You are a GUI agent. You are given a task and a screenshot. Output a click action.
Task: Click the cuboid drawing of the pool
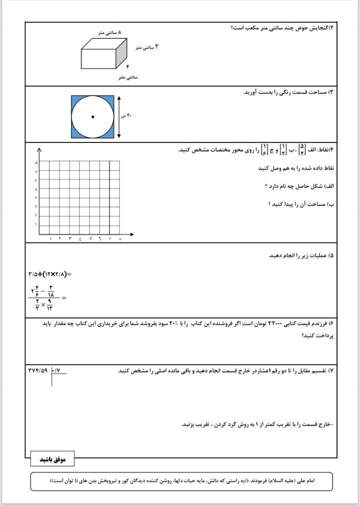tap(104, 55)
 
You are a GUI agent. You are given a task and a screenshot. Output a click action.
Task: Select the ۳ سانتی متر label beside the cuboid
tap(146, 47)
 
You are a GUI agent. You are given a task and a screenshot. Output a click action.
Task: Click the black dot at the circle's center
tap(92, 117)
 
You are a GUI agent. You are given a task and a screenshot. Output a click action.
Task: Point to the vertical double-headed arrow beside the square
tap(119, 117)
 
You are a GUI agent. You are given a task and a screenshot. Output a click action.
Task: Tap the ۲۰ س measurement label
tap(127, 116)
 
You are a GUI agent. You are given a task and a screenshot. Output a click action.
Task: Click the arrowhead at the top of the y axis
tap(38, 149)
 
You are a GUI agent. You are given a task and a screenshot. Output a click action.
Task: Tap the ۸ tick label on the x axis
tap(120, 239)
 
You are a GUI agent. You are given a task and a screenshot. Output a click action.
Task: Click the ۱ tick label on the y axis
tap(36, 224)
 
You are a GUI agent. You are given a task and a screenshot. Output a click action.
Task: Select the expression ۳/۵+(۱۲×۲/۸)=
tap(50, 273)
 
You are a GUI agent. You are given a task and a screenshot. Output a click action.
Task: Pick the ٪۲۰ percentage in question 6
tap(173, 324)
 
